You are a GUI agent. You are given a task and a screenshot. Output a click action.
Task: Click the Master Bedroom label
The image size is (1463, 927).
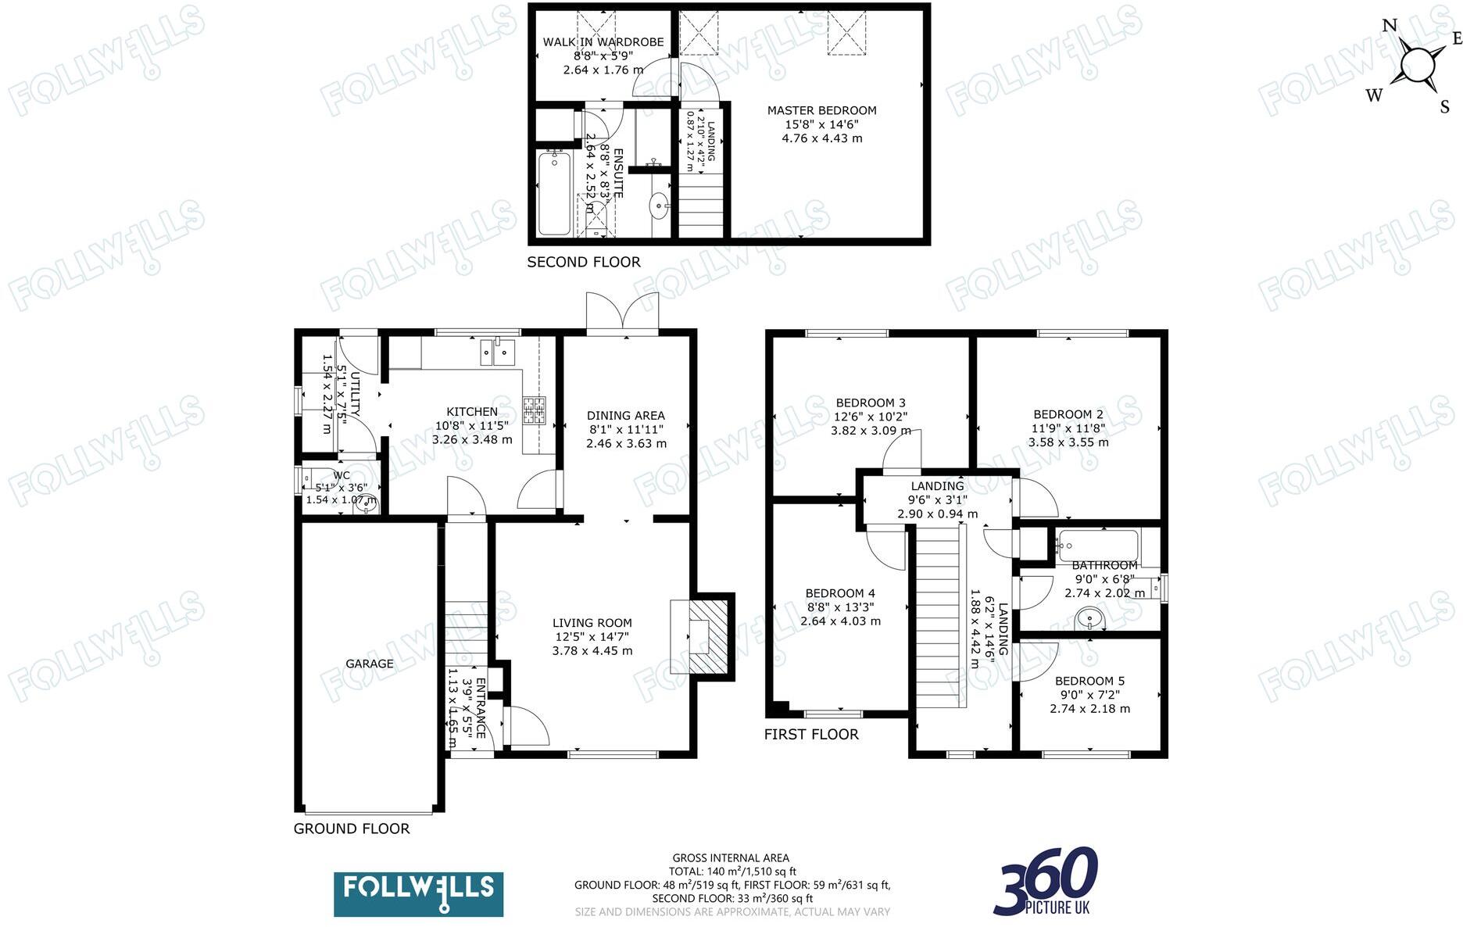[x=821, y=111]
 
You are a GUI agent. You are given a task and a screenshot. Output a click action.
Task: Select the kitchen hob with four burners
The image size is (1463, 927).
[x=535, y=410]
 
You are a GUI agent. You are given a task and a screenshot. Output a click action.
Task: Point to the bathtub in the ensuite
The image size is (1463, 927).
[x=554, y=193]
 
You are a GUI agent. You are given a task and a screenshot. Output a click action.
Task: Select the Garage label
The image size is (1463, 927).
[x=370, y=664]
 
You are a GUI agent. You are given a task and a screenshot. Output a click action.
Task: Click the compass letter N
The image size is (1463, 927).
[x=1390, y=26]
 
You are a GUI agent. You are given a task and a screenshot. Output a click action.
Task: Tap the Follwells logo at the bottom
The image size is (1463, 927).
[x=418, y=894]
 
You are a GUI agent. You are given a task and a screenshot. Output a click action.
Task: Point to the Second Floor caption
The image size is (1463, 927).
[x=583, y=262]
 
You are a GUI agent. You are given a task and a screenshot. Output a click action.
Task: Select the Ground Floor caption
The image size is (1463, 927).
[x=351, y=829]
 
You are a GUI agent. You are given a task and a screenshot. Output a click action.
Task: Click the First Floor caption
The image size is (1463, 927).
[x=810, y=734]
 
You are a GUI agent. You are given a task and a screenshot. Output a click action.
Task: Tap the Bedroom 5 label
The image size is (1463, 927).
[x=1089, y=681]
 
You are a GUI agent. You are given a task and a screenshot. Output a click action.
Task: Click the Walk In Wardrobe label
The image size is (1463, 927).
[x=603, y=42]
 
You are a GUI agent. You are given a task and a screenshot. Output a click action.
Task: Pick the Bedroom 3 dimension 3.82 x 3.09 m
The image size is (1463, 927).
[x=870, y=431]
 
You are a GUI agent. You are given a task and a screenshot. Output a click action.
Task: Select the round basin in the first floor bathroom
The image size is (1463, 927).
[x=1089, y=620]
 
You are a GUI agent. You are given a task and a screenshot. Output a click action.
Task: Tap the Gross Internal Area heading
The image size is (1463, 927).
[x=731, y=858]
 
